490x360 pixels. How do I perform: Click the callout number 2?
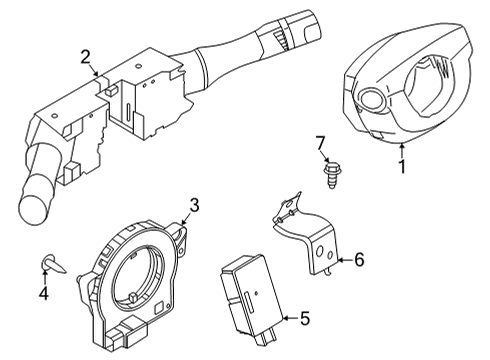point(86,57)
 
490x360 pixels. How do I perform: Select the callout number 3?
point(195,205)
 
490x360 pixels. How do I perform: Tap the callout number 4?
point(43,294)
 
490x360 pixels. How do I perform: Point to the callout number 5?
point(305,320)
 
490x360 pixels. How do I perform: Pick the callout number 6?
point(358,261)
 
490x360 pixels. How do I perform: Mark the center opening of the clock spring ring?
point(136,279)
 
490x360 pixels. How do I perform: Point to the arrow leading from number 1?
point(397,148)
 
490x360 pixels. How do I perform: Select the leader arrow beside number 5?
point(288,320)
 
